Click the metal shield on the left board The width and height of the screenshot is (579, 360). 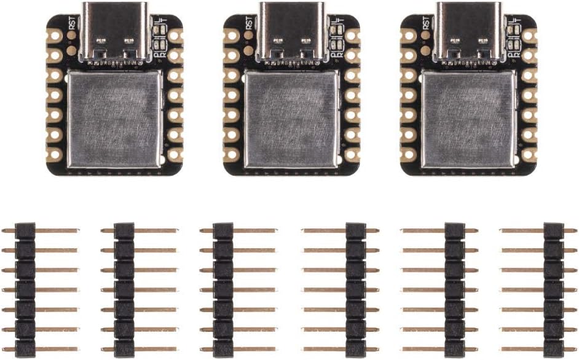coord(116,119)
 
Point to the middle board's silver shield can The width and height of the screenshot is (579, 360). coord(292,119)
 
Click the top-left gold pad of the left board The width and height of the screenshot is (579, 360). coord(55,36)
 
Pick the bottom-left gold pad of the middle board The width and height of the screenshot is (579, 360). coord(232,154)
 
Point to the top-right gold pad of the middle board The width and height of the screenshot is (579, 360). coord(352,36)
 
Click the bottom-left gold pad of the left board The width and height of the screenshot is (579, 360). coord(55,154)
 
